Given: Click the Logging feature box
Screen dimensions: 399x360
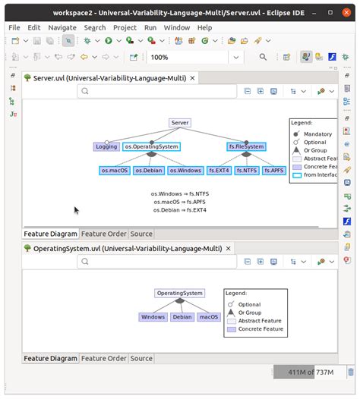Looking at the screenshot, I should (x=106, y=146).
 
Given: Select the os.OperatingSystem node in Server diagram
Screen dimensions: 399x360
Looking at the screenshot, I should (x=151, y=146).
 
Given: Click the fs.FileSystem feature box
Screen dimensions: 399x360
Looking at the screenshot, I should (x=246, y=146).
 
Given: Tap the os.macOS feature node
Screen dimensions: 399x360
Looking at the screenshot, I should (x=115, y=171).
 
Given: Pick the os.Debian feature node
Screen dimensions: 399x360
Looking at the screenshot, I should (x=149, y=171).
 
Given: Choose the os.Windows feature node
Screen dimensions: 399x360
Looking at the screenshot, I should (x=185, y=171).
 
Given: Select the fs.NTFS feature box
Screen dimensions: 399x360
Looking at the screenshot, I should (x=247, y=171).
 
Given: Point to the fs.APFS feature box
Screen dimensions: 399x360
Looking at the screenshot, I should (x=274, y=171).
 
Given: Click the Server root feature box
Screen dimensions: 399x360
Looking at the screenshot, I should (x=180, y=122).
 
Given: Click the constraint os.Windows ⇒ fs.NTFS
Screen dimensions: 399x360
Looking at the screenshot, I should (x=180, y=193).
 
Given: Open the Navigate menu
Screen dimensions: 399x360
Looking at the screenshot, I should (x=62, y=27).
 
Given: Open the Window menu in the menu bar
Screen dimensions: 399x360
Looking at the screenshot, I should (x=177, y=27).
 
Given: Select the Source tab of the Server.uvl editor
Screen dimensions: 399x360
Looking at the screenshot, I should (x=141, y=234).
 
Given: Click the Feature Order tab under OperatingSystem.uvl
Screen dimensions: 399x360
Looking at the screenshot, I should (x=103, y=359).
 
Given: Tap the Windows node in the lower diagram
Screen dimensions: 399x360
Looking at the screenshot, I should (x=153, y=317).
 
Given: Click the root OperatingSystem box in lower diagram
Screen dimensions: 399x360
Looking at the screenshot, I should (x=180, y=293).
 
